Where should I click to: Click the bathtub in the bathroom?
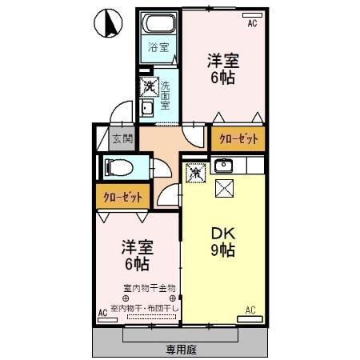158,22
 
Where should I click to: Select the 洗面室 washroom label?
165,94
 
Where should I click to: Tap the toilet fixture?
118,168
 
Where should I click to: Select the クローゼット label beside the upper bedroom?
239,138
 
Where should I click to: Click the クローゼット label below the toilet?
123,196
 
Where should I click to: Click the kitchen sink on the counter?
222,166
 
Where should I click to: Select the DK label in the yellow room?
222,234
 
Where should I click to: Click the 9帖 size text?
223,251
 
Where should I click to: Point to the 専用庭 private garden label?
182,349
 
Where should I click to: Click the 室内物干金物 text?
149,287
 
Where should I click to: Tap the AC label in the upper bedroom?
252,25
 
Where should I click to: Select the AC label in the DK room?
250,310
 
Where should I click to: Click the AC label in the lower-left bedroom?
102,312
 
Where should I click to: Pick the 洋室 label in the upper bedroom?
223,61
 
